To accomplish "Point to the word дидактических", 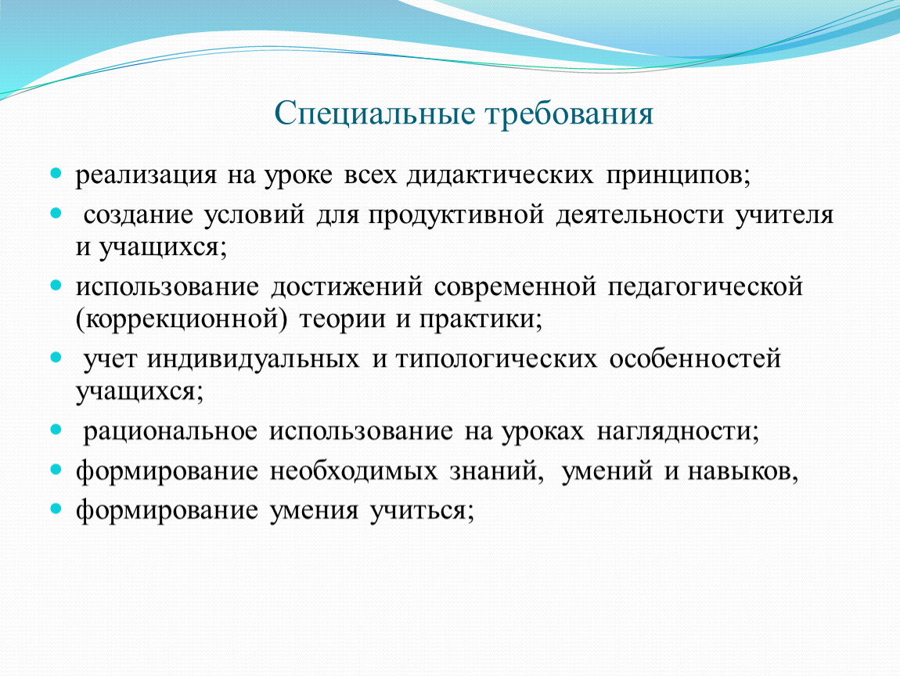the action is point(500,175).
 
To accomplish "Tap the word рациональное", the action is point(171,432).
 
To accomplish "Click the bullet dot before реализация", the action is point(56,172).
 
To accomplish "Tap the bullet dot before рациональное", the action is point(56,429).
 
